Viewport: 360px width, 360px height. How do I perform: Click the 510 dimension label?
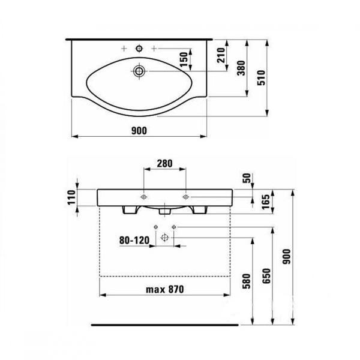pos(261,78)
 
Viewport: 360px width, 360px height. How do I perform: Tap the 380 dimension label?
pos(241,68)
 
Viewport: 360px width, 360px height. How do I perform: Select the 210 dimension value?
pos(221,55)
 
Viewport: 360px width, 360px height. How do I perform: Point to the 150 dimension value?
pos(184,59)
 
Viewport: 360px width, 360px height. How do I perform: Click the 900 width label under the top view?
pos(139,131)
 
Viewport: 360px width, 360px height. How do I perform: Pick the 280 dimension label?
pos(164,164)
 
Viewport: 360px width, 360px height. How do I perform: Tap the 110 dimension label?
pos(71,197)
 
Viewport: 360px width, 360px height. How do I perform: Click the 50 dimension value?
pos(247,178)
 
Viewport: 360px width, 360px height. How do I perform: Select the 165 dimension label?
pos(266,202)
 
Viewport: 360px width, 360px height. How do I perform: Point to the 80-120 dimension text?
pos(134,241)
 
